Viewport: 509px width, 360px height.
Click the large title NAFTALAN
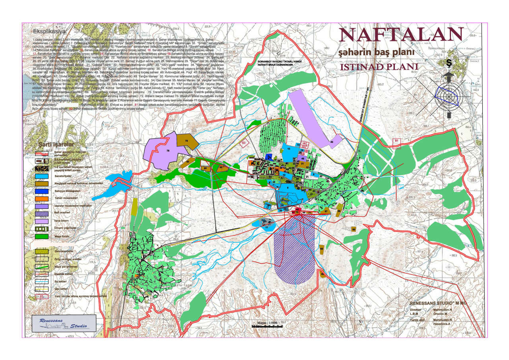coord(400,35)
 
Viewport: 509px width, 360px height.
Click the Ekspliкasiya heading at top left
coord(50,31)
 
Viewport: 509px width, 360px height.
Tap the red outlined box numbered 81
coord(396,141)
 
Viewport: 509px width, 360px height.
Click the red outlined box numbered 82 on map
coord(244,142)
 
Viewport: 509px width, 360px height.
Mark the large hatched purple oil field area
coord(294,247)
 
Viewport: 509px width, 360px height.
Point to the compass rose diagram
coord(449,95)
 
